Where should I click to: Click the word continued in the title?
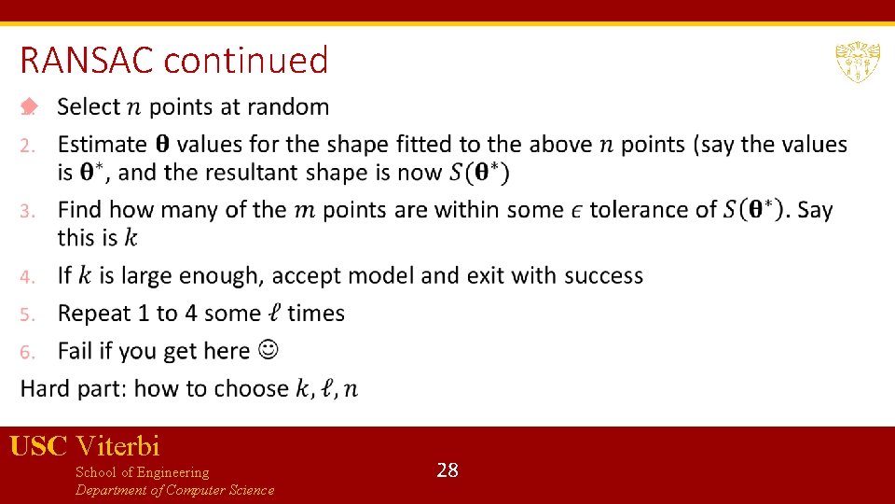click(245, 62)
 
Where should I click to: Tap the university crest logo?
click(857, 62)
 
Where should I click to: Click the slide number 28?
click(447, 470)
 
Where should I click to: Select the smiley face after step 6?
click(268, 350)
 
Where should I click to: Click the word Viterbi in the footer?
click(118, 446)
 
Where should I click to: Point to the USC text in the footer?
click(38, 446)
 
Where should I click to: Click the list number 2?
click(29, 146)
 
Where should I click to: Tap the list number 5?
click(29, 315)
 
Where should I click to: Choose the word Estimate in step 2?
click(103, 145)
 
